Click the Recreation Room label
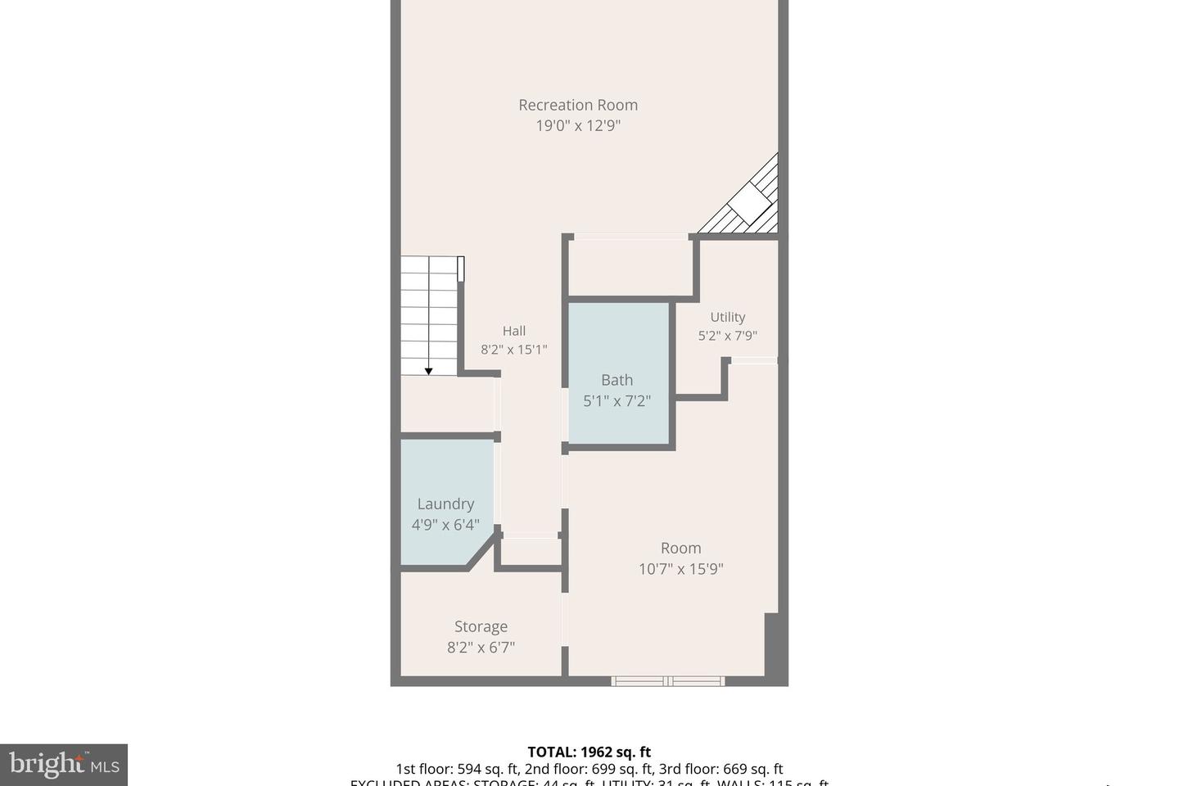(577, 105)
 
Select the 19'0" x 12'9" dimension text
(577, 126)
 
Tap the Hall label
(513, 331)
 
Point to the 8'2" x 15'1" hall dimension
(513, 350)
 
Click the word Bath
(617, 380)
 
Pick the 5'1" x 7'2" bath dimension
(617, 401)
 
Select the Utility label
(727, 317)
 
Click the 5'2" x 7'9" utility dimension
(727, 336)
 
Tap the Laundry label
(445, 504)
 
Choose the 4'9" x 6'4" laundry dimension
(445, 525)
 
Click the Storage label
(481, 626)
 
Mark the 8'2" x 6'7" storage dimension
(481, 648)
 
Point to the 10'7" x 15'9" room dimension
(680, 569)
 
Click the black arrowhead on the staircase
(428, 372)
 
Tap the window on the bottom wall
(667, 680)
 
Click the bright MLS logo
(64, 765)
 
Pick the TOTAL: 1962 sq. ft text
(589, 752)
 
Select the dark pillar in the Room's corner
(770, 644)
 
